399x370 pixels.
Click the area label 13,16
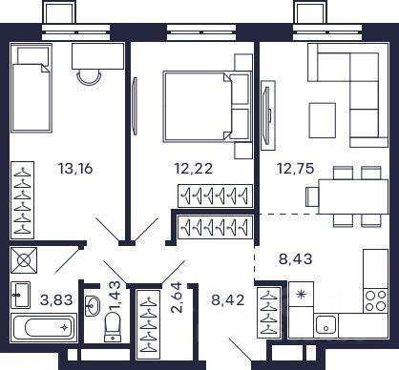coord(75,168)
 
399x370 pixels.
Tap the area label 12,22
coord(194,168)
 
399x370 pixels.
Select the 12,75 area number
coord(296,168)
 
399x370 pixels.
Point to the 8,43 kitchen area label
coord(296,258)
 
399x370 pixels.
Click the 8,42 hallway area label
coord(228,299)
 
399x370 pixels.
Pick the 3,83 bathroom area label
coord(56,299)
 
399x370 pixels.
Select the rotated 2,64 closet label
coord(177,298)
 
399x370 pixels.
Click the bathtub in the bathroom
coord(44,327)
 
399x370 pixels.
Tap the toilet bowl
coord(112,326)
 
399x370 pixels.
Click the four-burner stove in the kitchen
coord(375,300)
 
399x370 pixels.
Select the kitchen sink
coord(326,325)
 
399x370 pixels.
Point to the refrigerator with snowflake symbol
coord(301,294)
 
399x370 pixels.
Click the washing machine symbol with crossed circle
coord(24,260)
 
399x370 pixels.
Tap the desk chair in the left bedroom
coord(90,77)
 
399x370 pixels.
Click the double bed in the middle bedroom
coord(207,106)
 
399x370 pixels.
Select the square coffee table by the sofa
coord(323,120)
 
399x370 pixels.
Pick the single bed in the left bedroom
coord(31,88)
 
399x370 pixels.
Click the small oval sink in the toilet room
coord(93,306)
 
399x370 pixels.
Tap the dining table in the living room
coord(353,196)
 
